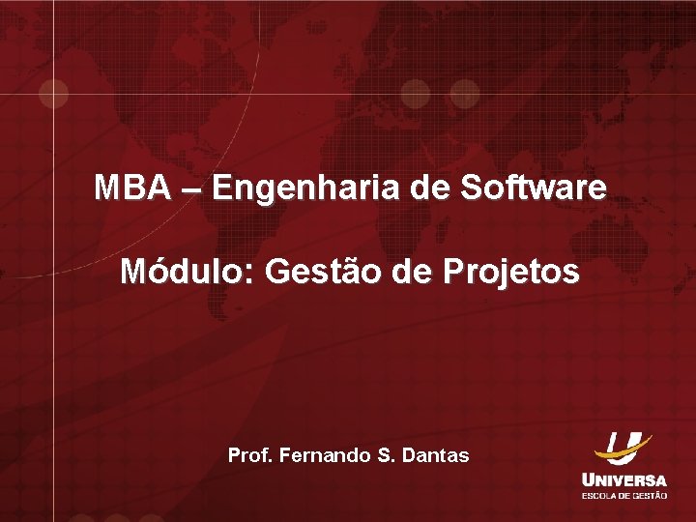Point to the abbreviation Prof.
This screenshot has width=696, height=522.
click(249, 453)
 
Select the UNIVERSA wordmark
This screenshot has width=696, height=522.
click(623, 479)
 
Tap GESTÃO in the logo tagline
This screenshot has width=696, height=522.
click(651, 495)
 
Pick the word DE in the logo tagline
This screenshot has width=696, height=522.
click(626, 495)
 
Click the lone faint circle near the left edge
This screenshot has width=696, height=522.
click(53, 94)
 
